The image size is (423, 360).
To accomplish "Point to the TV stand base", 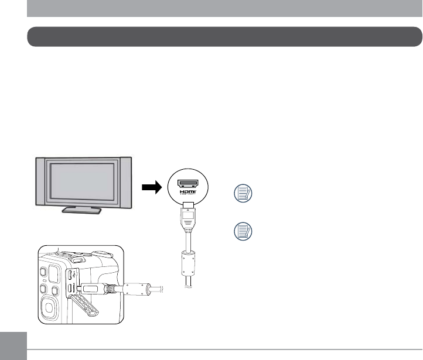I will pyautogui.click(x=83, y=211).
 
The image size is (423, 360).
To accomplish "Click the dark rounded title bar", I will pyautogui.click(x=225, y=36).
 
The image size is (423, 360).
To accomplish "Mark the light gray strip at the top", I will pyautogui.click(x=225, y=8).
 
